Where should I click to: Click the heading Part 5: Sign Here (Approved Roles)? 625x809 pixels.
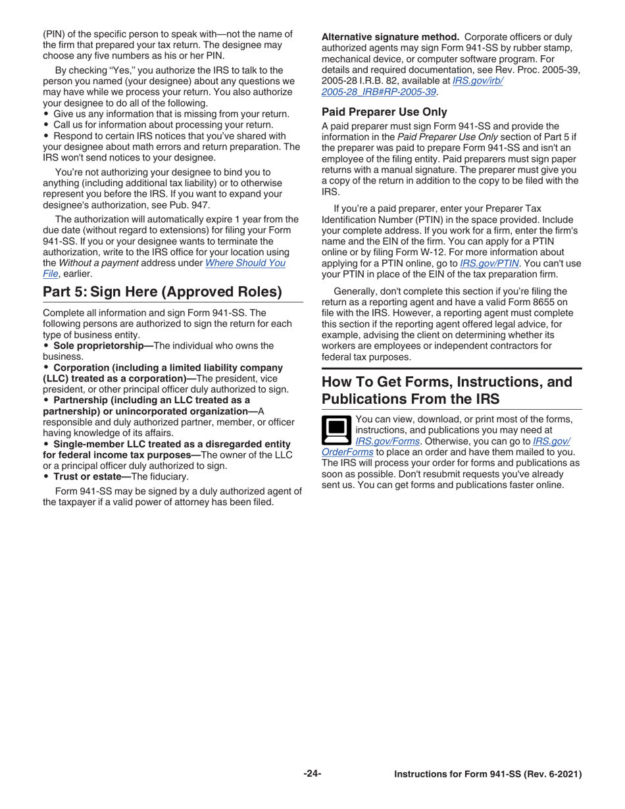click(x=162, y=291)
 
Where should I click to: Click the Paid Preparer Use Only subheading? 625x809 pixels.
click(x=384, y=112)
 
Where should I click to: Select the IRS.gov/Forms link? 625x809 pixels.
click(x=387, y=441)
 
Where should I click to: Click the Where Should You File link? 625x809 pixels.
click(x=245, y=262)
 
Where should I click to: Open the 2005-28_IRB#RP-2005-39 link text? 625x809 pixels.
click(x=379, y=91)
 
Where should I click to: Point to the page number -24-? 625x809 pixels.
click(x=312, y=773)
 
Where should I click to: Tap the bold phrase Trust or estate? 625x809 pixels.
click(x=91, y=476)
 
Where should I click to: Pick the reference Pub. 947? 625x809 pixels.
click(x=191, y=205)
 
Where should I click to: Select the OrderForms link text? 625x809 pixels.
click(x=347, y=452)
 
